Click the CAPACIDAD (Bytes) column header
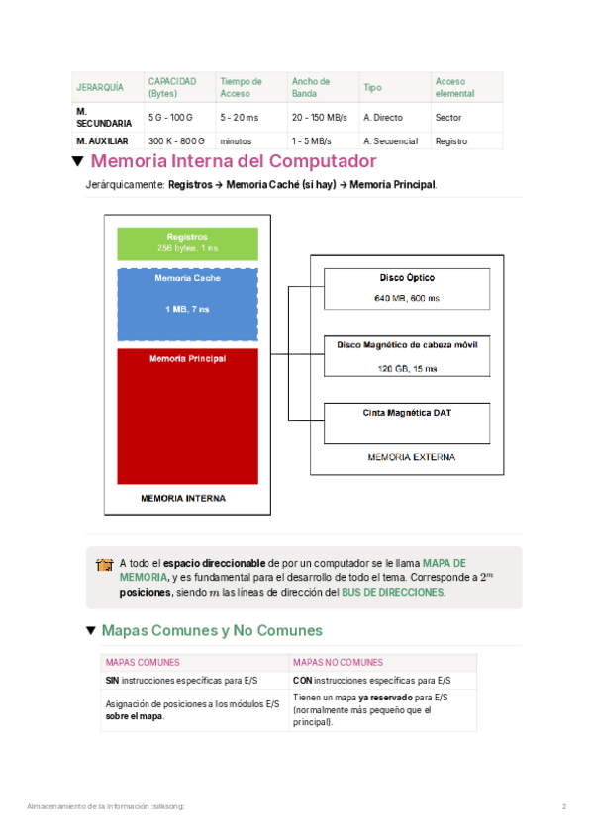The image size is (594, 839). pyautogui.click(x=172, y=87)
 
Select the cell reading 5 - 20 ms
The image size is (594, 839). pyautogui.click(x=239, y=117)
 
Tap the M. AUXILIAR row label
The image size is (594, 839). pyautogui.click(x=102, y=141)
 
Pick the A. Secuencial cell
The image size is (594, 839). pyautogui.click(x=388, y=141)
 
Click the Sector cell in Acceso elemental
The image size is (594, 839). pyautogui.click(x=447, y=117)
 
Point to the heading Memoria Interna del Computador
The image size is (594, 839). pyautogui.click(x=233, y=161)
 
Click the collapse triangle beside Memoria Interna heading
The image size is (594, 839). pyautogui.click(x=77, y=161)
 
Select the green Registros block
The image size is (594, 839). pyautogui.click(x=187, y=243)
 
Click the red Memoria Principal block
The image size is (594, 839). pyautogui.click(x=187, y=416)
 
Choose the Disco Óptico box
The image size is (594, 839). pyautogui.click(x=407, y=287)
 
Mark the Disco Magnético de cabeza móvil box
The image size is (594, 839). pyautogui.click(x=407, y=356)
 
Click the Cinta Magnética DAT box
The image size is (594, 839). pyautogui.click(x=407, y=421)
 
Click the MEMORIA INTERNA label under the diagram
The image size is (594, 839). pyautogui.click(x=183, y=498)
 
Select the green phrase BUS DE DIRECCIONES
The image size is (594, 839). pyautogui.click(x=393, y=592)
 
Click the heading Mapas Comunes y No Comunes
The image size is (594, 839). pyautogui.click(x=211, y=630)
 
